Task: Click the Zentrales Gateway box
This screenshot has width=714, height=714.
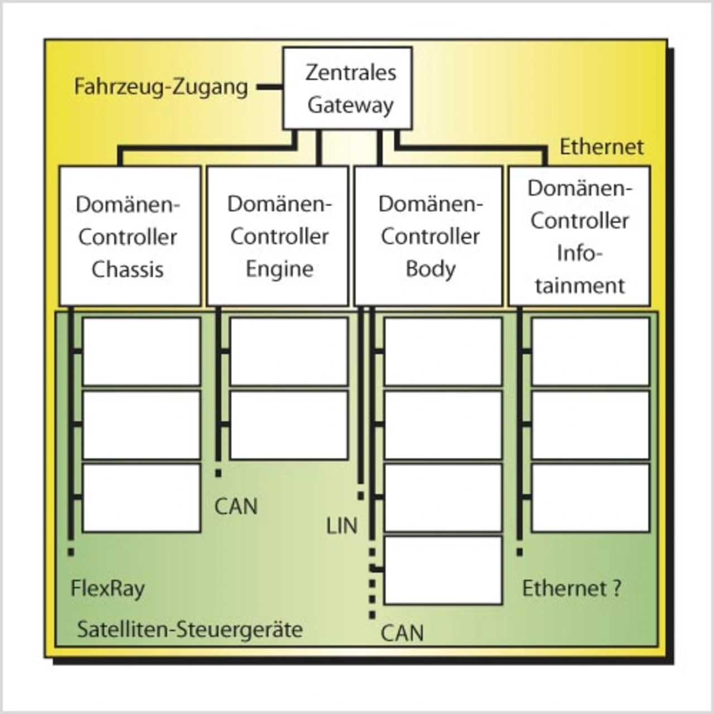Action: pos(348,88)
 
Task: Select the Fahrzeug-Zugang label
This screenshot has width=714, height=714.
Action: pos(161,88)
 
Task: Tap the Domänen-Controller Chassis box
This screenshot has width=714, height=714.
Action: pos(130,236)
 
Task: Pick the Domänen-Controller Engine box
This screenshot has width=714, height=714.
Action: pos(278,236)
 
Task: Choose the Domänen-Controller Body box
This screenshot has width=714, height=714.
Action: pos(428,236)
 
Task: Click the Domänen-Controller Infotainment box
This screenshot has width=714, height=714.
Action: pos(579,236)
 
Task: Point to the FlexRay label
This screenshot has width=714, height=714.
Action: pos(108,588)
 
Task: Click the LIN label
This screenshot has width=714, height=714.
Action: pos(341,526)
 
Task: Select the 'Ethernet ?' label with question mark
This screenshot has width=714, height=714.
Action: pos(571,588)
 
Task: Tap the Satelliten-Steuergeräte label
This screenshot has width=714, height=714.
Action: pos(190,630)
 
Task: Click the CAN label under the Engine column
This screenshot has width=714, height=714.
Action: pos(236,506)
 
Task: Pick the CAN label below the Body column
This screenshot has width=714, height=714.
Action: pos(402,633)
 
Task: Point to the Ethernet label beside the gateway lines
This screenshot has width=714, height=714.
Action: pos(601,147)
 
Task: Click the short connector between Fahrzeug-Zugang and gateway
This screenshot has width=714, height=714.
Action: pos(269,88)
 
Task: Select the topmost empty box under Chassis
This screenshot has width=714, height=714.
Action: pos(141,351)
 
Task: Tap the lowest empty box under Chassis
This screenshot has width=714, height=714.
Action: pos(141,498)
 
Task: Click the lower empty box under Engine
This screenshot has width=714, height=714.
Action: pos(289,425)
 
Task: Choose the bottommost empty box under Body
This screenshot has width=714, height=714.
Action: pos(443,570)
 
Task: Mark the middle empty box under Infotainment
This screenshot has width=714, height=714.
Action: pos(590,425)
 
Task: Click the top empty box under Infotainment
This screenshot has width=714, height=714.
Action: pos(590,351)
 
